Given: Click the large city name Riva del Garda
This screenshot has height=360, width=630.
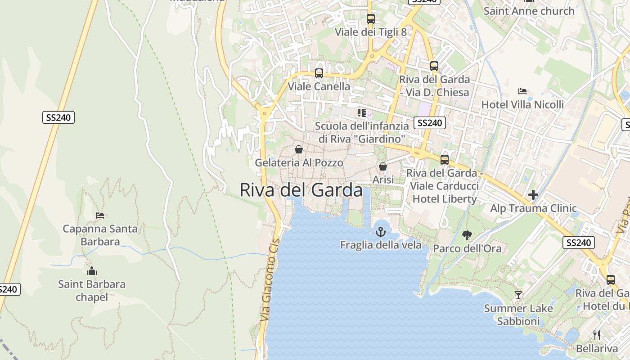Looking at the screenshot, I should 301,190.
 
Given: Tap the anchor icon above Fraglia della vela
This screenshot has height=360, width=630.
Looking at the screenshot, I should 381,232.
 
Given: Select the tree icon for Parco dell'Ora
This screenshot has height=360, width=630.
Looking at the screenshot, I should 467,235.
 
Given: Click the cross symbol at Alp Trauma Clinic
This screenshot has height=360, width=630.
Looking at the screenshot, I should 533,195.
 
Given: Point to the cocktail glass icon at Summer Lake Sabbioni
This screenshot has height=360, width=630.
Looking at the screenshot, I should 518,295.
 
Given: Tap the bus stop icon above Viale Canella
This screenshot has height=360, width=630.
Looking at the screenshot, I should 319,73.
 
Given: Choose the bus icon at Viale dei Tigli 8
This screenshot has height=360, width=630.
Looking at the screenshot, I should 371,19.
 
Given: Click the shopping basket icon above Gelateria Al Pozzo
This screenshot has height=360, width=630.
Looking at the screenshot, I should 299,149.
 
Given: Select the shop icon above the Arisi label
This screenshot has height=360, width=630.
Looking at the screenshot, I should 383,166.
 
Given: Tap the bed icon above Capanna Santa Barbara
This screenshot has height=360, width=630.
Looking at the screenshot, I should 100,215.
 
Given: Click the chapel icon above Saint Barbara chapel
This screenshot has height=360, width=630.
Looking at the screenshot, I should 92,271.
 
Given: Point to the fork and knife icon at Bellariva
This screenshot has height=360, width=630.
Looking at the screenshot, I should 597,335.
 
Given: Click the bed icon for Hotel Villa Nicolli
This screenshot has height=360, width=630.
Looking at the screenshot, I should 522,91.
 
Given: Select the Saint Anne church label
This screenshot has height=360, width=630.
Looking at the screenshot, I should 529,11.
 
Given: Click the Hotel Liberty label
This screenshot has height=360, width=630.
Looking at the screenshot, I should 444,199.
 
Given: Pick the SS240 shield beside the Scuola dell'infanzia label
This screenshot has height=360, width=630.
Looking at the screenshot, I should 430,123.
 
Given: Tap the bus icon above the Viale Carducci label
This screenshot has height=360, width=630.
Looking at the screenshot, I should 445,159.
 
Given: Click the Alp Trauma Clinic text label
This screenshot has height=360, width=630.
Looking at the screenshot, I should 533,208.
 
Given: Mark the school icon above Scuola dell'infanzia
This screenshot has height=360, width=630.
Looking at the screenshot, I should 362,112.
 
